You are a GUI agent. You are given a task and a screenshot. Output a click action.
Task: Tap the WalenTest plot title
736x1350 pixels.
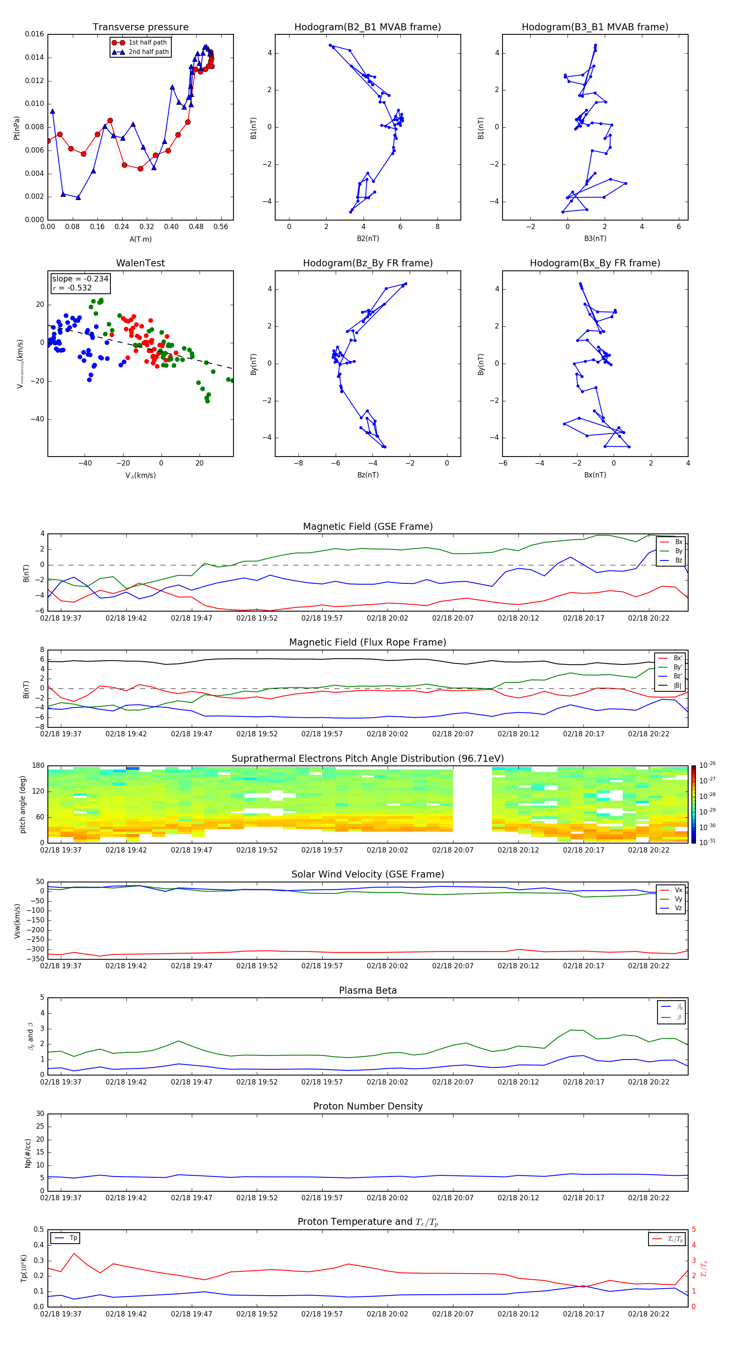click(x=140, y=263)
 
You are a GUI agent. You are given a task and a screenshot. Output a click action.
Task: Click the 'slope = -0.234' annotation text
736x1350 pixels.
click(x=80, y=279)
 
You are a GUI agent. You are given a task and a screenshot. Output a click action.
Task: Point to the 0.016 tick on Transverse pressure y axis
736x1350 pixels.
click(x=35, y=34)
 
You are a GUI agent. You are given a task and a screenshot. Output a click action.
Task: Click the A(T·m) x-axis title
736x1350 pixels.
click(x=140, y=239)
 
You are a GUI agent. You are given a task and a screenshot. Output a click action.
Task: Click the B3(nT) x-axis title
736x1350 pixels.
click(x=595, y=239)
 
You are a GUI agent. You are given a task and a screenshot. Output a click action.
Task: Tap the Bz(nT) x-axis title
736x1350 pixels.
click(x=368, y=475)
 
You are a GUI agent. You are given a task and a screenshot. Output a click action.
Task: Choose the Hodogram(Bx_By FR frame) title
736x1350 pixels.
click(x=595, y=263)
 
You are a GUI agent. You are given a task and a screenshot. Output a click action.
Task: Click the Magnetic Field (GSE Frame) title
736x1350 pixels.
click(x=368, y=526)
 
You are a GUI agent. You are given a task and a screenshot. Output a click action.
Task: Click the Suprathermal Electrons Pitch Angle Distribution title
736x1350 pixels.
click(x=368, y=758)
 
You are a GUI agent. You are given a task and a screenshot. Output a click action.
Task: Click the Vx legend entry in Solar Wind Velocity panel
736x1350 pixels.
click(x=678, y=890)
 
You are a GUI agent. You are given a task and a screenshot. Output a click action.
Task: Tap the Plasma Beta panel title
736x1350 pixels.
click(x=368, y=990)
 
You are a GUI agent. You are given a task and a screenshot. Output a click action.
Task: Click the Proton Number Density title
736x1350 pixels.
click(x=368, y=1106)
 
